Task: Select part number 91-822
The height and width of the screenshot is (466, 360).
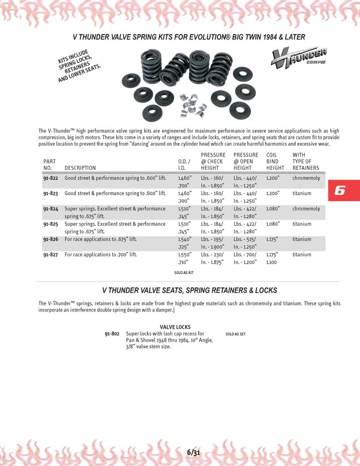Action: coord(50,178)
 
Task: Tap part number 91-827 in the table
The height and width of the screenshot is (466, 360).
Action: coord(50,255)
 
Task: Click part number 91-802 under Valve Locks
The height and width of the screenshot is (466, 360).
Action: coord(112,334)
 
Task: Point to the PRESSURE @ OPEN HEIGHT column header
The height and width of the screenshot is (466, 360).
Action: coord(246,161)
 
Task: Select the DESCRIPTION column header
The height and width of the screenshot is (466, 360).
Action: coord(80,168)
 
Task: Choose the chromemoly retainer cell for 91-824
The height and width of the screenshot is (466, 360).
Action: coord(306,209)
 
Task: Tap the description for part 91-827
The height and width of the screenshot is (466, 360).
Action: coord(100,255)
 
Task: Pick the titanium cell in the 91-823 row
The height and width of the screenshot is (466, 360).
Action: coord(302,193)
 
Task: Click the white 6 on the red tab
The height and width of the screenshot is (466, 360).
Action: coord(339,191)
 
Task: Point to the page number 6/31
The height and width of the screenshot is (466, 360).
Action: coord(193,452)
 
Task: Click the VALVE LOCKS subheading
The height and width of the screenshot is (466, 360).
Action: coord(175,327)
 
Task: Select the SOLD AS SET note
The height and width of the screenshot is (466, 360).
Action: coord(235,334)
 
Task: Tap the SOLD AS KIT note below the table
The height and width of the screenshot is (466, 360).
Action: coord(184,272)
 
